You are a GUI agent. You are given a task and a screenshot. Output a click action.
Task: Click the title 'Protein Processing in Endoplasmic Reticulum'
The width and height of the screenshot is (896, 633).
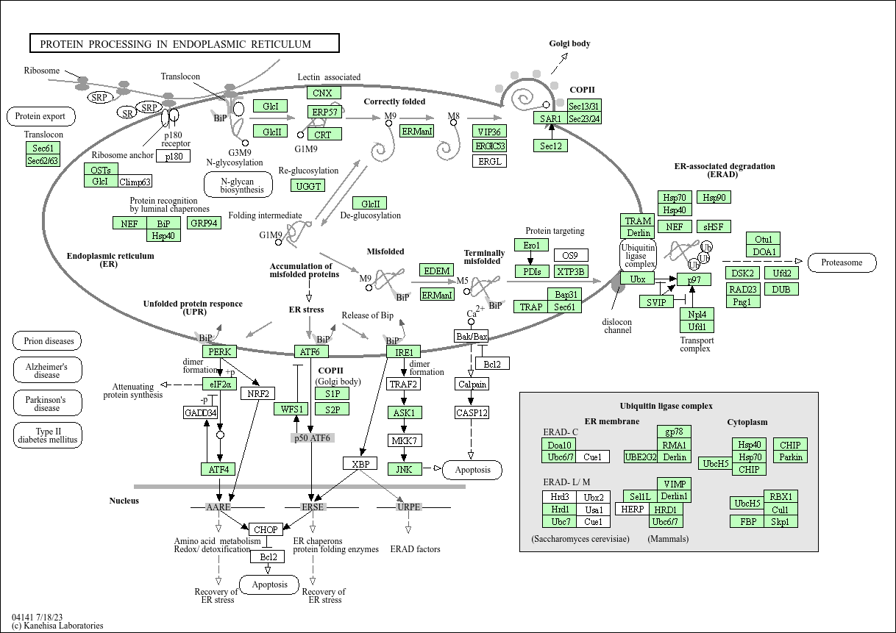coord(184,43)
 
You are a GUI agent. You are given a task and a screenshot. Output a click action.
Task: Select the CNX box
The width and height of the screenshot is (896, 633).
coord(322,93)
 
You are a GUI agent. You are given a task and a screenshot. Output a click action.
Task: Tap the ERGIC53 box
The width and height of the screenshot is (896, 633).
coord(490,146)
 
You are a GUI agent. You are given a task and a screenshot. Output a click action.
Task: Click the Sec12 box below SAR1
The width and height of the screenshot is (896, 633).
coord(550,146)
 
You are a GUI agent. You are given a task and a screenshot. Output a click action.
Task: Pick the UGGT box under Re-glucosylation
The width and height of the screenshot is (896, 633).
coord(309,186)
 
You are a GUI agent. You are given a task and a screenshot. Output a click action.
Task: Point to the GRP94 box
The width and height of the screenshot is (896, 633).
coord(204,223)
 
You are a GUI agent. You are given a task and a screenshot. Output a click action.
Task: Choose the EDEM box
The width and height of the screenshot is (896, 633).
coord(437,271)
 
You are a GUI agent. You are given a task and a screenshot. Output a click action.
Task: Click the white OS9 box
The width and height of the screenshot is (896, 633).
coord(570,255)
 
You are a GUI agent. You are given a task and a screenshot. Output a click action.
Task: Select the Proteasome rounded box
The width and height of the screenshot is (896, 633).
coord(842,262)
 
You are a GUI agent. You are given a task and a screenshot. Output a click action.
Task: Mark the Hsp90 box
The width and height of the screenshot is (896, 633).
coord(714,198)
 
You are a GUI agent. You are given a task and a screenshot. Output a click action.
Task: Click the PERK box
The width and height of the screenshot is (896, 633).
coord(220,351)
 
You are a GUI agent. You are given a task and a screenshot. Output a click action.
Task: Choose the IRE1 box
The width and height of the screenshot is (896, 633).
coord(404,352)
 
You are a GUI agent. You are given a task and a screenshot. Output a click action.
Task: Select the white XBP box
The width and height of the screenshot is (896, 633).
coord(360,464)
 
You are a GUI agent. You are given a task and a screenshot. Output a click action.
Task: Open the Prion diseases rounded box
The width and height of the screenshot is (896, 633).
coord(47,341)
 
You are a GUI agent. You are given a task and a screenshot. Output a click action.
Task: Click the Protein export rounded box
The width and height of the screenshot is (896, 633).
coord(40,116)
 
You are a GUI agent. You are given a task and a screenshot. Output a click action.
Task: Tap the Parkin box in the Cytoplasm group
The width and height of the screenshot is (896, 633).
coord(790,457)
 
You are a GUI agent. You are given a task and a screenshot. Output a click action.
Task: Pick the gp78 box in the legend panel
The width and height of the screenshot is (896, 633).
coord(674,432)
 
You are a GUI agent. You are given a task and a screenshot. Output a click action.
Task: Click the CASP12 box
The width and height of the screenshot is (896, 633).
coord(472,412)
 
